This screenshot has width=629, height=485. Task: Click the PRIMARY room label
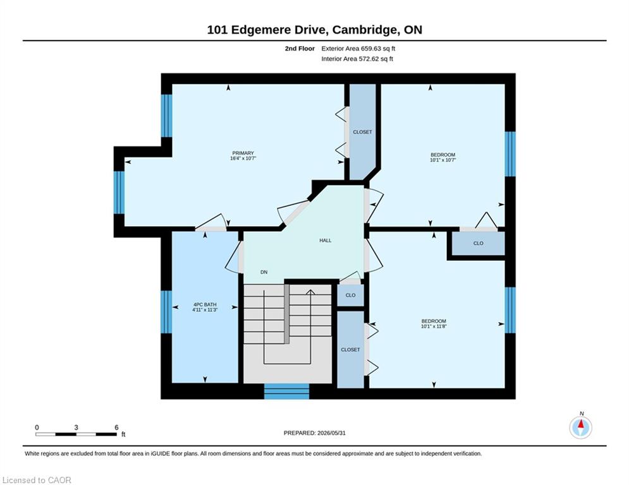(243, 153)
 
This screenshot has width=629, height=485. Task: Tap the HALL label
(326, 241)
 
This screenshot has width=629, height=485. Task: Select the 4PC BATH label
(205, 304)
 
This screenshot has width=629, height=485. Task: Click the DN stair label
(264, 272)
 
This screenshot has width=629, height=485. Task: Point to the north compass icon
(580, 428)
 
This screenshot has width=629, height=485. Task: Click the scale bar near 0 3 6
(76, 434)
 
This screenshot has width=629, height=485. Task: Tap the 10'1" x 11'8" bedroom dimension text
(434, 326)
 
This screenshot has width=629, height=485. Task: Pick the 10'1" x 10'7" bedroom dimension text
(443, 160)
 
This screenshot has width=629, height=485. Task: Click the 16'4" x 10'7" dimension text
(243, 159)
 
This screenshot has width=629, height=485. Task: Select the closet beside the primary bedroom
(362, 132)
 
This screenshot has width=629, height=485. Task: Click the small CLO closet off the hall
(350, 295)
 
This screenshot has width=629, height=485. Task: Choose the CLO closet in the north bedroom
(478, 243)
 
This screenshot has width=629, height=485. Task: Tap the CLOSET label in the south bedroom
(351, 349)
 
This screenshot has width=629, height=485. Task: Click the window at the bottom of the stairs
(286, 391)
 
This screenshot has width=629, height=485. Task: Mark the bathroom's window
(166, 312)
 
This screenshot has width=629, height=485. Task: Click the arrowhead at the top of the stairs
(310, 292)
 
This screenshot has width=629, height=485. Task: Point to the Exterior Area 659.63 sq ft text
(358, 49)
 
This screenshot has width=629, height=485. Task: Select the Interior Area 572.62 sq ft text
(357, 59)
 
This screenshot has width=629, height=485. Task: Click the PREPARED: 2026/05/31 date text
(315, 433)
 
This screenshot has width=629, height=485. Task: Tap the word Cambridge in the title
(365, 30)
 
